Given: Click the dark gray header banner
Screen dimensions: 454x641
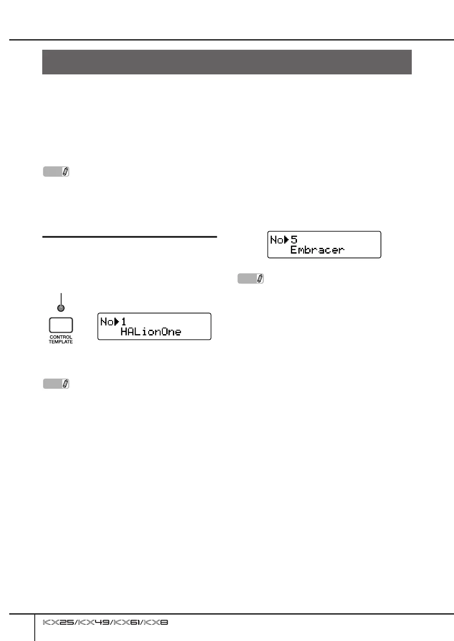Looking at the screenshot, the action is [227, 62].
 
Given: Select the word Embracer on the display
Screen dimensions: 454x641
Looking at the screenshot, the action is [317, 250].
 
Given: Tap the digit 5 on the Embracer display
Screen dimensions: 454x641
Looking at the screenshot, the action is [294, 240].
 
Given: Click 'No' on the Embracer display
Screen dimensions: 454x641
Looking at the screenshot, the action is [277, 240].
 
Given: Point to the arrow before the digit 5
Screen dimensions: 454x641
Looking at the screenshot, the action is [286, 240].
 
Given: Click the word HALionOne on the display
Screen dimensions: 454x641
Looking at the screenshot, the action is [150, 332].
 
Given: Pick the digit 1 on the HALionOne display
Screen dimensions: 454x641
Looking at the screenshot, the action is [124, 322].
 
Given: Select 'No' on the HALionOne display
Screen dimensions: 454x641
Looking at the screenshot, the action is [107, 322].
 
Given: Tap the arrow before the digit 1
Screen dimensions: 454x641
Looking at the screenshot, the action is [117, 322].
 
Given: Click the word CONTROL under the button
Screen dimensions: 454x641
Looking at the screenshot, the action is [61, 337].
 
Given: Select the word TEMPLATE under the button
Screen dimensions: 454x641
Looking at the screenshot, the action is [61, 342].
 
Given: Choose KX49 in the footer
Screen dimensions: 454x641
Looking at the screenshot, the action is [93, 623].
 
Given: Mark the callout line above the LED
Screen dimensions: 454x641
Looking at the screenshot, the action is [61, 298].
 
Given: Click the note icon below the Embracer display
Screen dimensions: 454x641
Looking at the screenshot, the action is [251, 279].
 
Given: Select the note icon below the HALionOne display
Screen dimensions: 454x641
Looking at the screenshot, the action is [56, 384].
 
